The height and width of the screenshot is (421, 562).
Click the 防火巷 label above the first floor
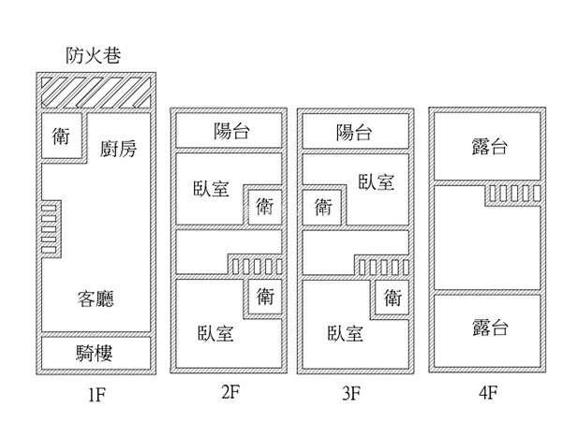tap(93, 55)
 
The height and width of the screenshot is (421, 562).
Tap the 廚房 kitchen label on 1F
tap(118, 148)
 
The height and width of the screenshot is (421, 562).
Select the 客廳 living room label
tap(96, 298)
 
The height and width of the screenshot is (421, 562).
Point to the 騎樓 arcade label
tap(95, 353)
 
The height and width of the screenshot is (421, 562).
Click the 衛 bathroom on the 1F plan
tap(61, 136)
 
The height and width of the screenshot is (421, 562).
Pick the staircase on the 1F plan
tap(51, 229)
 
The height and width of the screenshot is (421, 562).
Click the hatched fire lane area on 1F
tap(96, 93)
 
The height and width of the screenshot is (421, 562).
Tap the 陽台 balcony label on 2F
tap(231, 131)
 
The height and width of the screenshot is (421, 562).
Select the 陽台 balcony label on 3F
tap(354, 132)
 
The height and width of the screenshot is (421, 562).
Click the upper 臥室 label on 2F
tap(211, 188)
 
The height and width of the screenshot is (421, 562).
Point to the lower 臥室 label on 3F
tap(345, 333)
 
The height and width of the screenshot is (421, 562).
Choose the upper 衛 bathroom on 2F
tap(265, 207)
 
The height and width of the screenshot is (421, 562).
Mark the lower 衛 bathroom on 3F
tap(392, 298)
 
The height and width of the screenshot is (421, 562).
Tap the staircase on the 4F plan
tap(513, 195)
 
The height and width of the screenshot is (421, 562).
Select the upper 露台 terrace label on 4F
tap(490, 147)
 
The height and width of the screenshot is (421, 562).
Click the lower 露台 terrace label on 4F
tap(490, 327)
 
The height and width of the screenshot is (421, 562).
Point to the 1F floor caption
tap(96, 395)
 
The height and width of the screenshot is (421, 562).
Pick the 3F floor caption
tap(351, 393)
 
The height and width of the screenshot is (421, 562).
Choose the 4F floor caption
tap(488, 393)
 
